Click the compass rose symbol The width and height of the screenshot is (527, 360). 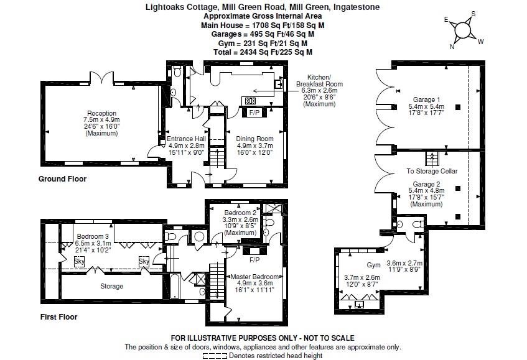pos(464,30)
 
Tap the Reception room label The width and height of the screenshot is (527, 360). pos(102,113)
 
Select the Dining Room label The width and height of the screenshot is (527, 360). pos(256,139)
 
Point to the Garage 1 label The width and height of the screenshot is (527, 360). pos(426,99)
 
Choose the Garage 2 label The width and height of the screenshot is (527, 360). pos(426,184)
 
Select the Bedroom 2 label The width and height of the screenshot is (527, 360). pos(240,213)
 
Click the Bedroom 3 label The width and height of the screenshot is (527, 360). pos(93,236)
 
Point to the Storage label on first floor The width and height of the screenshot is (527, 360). pos(111,287)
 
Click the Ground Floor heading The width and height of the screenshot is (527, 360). pos(62,179)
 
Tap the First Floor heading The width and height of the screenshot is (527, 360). pos(58,317)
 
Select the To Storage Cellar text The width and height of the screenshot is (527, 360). pos(432,171)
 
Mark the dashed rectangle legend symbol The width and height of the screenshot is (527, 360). pos(215,356)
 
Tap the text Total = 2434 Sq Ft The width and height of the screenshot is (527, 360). pos(263,53)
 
